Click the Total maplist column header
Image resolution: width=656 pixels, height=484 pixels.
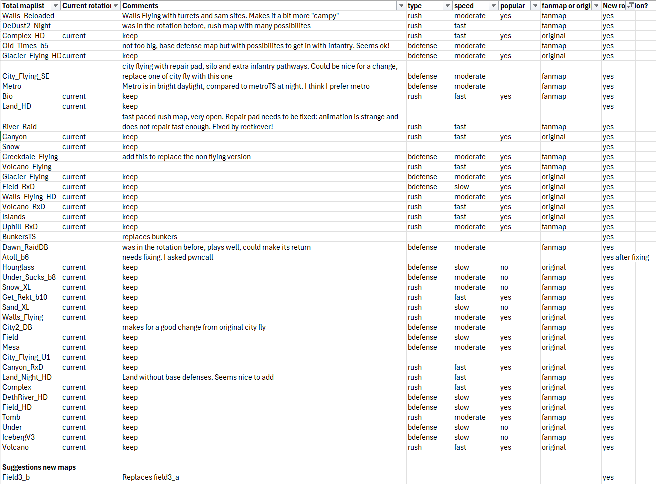tap(23, 6)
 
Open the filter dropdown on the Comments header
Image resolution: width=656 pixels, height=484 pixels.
tap(401, 6)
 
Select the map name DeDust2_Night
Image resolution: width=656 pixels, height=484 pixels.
tap(26, 26)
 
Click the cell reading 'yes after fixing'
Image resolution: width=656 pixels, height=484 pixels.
tap(625, 257)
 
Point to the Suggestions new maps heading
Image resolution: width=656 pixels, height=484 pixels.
tap(39, 467)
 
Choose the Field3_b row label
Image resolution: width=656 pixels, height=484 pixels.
tap(16, 477)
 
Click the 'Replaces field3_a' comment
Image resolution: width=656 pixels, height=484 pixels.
tap(150, 477)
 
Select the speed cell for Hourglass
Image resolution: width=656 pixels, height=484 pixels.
tap(461, 267)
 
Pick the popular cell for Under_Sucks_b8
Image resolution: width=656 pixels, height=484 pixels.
tap(504, 277)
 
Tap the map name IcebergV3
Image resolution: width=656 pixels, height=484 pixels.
tap(18, 437)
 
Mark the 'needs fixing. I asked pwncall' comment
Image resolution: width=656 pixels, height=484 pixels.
tap(167, 257)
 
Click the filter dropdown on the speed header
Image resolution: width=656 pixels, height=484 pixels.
tap(493, 6)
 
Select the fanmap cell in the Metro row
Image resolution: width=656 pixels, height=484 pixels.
tap(553, 86)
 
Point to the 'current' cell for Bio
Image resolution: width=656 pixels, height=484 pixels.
tap(74, 96)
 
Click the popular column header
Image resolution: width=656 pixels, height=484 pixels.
tap(512, 6)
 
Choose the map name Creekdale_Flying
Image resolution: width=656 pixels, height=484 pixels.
tap(30, 157)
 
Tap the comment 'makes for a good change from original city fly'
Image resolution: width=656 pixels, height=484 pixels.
tap(193, 327)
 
